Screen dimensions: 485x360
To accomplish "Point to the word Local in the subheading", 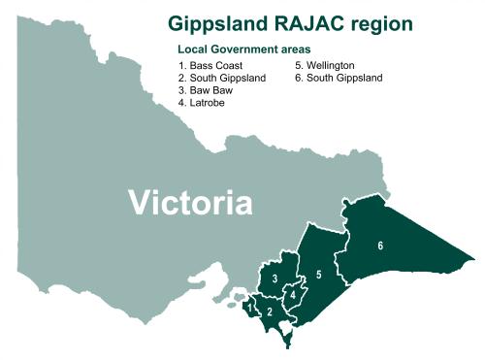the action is pyautogui.click(x=192, y=49).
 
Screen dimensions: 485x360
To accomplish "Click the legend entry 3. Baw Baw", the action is pyautogui.click(x=205, y=90).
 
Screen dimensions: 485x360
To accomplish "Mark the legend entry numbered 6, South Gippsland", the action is pyautogui.click(x=339, y=78).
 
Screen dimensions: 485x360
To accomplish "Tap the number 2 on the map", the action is pyautogui.click(x=270, y=311).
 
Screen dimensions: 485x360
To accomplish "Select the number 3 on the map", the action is pyautogui.click(x=275, y=279).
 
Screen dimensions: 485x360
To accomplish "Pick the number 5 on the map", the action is pyautogui.click(x=318, y=277).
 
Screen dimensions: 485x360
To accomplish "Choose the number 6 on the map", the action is pyautogui.click(x=380, y=245).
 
